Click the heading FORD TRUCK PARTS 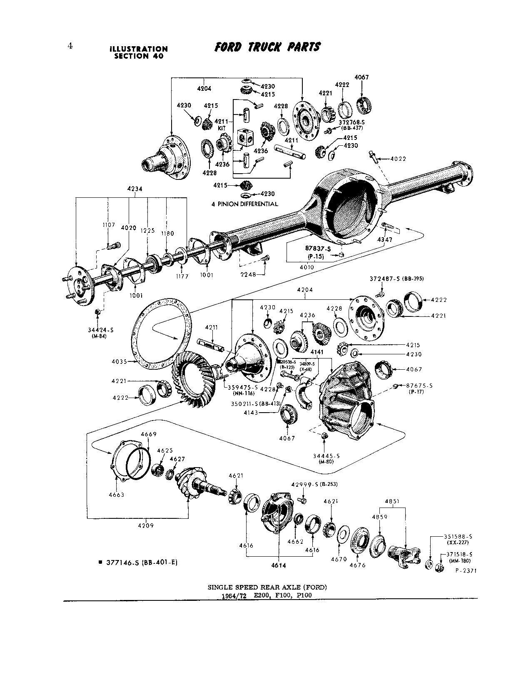pos(267,47)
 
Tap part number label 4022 pos(399,159)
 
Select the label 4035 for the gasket pos(120,361)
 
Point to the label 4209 pos(146,525)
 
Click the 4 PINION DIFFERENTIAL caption pos(244,204)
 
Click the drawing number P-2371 pos(465,572)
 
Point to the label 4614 pos(279,565)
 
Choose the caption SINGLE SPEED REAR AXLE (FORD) pos(267,587)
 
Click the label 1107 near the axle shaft pos(109,225)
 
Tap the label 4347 pos(384,240)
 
